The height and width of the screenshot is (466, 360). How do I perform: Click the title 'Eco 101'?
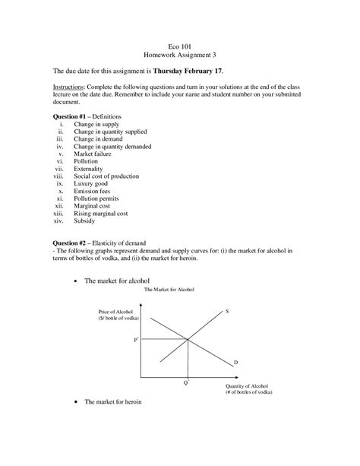[180, 45]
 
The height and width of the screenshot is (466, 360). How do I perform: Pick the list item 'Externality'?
[90, 169]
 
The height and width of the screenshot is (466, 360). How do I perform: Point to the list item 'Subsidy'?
[84, 220]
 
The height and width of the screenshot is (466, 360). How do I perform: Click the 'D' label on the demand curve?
[235, 363]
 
